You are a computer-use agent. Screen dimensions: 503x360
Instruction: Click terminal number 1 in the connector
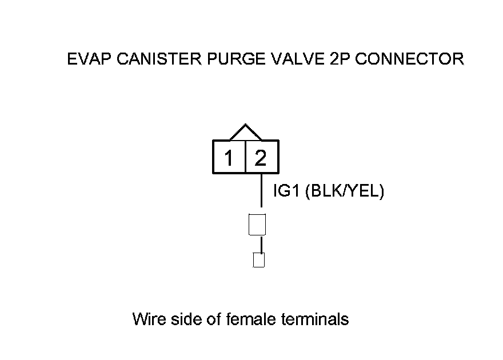[229, 157]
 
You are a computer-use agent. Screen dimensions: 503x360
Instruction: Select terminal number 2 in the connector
[261, 157]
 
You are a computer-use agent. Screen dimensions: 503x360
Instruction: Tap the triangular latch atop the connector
[245, 133]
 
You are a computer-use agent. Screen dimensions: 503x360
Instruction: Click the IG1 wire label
[288, 191]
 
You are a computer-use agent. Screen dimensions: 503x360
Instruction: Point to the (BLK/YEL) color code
[345, 191]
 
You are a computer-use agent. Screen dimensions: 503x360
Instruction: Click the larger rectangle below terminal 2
[258, 224]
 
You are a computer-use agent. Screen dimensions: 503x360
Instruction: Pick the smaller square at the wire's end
[259, 261]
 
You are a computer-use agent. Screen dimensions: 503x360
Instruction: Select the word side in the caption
[183, 319]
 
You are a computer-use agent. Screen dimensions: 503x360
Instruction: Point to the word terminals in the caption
[316, 319]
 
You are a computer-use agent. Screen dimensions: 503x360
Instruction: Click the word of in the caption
[212, 319]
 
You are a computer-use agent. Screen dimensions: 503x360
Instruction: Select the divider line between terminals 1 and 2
[245, 157]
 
